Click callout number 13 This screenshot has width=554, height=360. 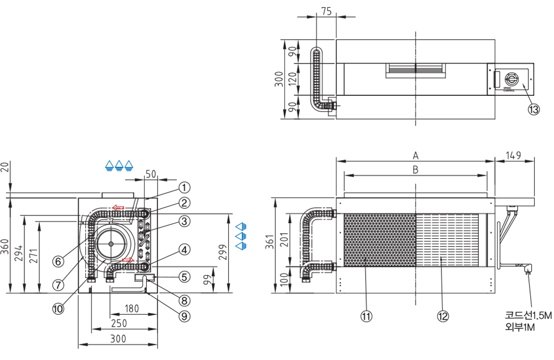[533, 110]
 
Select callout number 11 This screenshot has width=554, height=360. [366, 316]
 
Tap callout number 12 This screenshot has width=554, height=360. [442, 316]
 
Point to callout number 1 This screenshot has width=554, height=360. [184, 188]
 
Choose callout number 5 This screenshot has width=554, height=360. [184, 275]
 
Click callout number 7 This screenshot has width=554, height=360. [58, 284]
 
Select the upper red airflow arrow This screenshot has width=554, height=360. [117, 208]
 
